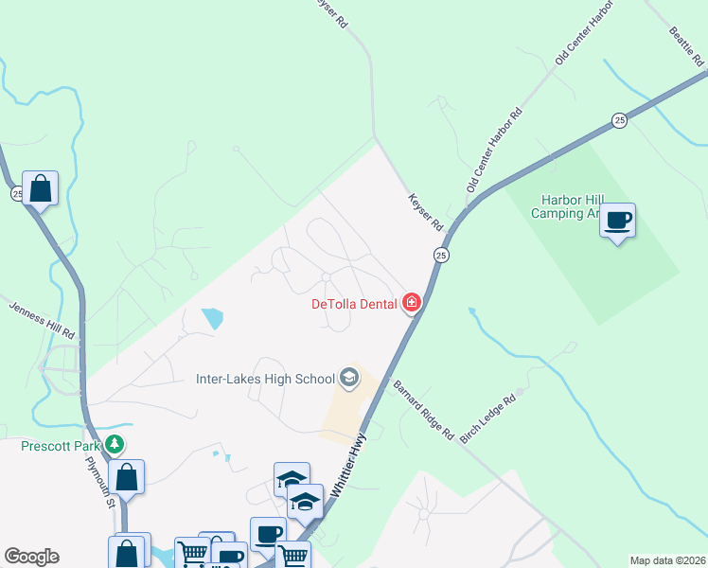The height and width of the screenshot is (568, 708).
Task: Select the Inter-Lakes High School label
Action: (266, 380)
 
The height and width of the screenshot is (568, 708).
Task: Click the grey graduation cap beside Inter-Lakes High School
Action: (348, 379)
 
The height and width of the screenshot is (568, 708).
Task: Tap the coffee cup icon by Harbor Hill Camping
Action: (618, 222)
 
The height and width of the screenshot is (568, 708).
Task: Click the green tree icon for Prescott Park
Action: (115, 443)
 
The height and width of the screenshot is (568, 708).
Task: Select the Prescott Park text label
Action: (62, 444)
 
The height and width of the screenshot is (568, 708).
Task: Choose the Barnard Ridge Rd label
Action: (423, 409)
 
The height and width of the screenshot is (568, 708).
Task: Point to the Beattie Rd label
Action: (686, 44)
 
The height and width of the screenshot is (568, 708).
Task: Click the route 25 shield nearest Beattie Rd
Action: (619, 120)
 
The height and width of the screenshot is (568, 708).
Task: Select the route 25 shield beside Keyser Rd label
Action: (441, 256)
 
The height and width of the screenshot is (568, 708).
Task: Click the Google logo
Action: (31, 557)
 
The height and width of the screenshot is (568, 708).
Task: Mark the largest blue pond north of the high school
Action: (213, 318)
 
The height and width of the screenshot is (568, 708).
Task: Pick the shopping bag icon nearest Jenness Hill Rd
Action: (41, 188)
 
